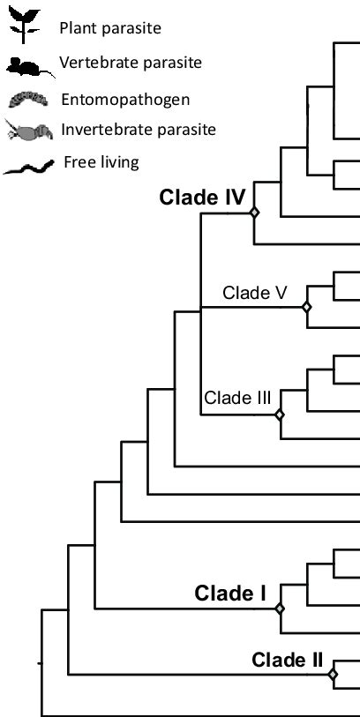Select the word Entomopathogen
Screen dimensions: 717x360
click(x=114, y=99)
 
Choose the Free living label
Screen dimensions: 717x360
click(x=101, y=162)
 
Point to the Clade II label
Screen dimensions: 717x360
click(x=288, y=659)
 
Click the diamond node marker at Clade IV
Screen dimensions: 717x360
click(x=253, y=213)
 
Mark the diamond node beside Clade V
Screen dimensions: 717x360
click(x=306, y=308)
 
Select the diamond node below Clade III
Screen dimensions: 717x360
click(x=280, y=414)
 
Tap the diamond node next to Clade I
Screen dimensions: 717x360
click(x=280, y=608)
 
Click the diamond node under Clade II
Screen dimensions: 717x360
click(x=333, y=675)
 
